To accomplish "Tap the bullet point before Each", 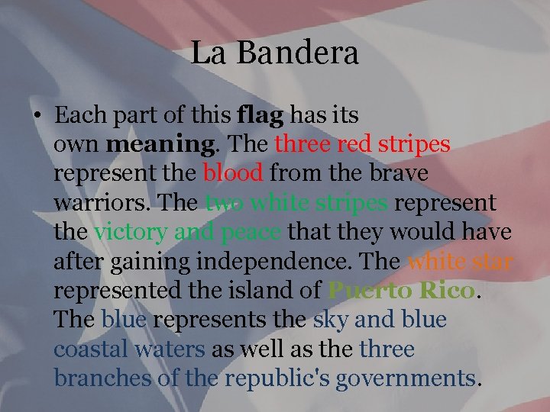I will [37, 117].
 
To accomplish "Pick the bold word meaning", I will [150, 145].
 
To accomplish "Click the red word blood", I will [233, 174].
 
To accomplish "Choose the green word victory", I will [131, 233].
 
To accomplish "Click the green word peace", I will [250, 233].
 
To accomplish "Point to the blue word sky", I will [329, 320].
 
